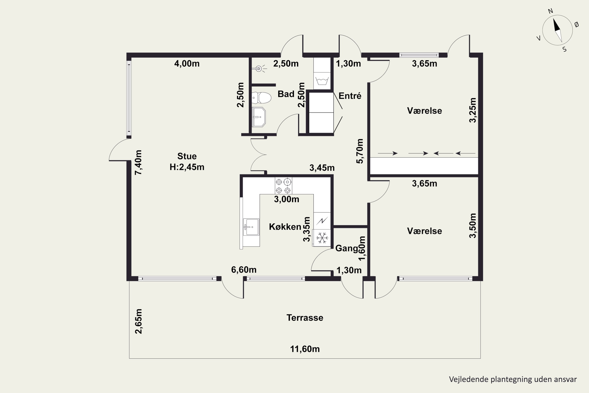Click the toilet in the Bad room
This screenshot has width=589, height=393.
(262, 98)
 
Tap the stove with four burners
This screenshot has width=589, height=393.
(283, 185)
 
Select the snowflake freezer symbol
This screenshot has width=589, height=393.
(322, 238)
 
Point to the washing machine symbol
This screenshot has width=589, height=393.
(322, 81)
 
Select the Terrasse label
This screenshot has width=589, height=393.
(305, 318)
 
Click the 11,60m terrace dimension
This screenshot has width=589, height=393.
(305, 349)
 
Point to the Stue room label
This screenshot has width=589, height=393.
(187, 156)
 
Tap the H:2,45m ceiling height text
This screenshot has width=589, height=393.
(187, 167)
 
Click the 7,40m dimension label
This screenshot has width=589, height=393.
(138, 162)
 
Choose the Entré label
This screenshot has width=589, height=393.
(350, 96)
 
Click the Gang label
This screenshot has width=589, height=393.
(347, 248)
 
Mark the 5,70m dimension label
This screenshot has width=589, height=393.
(360, 151)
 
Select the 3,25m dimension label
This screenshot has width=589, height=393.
(472, 110)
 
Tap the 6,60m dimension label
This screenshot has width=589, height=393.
(244, 270)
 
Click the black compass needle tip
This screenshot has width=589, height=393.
(554, 18)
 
